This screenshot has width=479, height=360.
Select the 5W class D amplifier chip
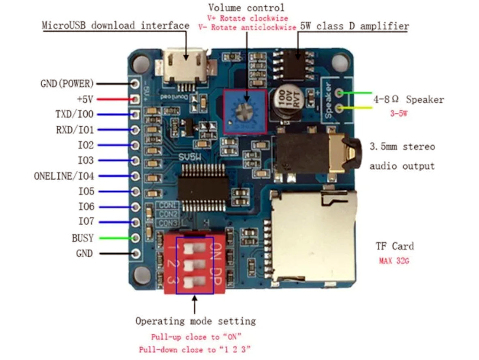tap(295, 65)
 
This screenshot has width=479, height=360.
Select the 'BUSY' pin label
tap(83, 238)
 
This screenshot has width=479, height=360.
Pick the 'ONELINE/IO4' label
tap(64, 176)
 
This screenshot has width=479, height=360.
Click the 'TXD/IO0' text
tap(74, 115)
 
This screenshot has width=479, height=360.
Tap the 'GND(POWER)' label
tap(67, 84)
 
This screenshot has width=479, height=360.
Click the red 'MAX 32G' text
tap(394, 261)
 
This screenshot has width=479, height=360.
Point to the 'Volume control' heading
tap(246, 8)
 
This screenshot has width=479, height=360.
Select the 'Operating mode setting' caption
tap(195, 321)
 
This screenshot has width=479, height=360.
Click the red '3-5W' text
tap(398, 114)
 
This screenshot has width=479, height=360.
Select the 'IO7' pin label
tap(86, 222)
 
